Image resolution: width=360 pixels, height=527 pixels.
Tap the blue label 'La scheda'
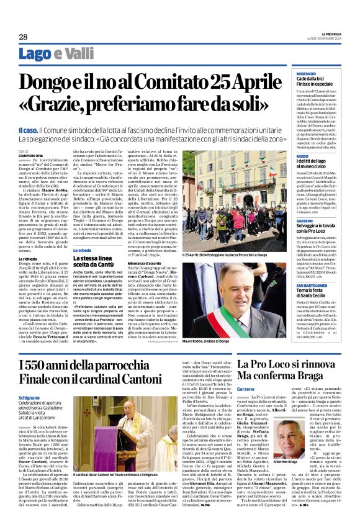tap(83, 251)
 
